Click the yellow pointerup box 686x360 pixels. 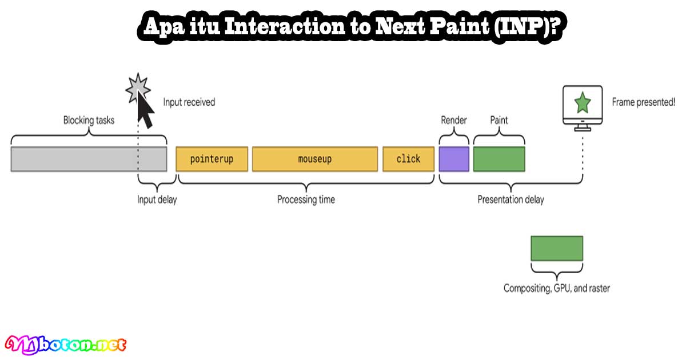[212, 159]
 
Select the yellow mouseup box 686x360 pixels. [314, 159]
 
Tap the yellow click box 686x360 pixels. [408, 159]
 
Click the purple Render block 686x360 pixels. [454, 159]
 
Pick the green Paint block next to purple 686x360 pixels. [499, 159]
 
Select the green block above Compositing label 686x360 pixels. [557, 249]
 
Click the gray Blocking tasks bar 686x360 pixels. [89, 159]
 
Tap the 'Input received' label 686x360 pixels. [189, 102]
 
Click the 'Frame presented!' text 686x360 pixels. [643, 102]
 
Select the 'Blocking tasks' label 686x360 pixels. [89, 120]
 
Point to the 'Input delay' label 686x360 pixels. [157, 199]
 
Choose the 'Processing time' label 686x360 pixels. [306, 199]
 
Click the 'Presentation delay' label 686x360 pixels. [510, 199]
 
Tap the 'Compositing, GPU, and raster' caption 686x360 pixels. [556, 288]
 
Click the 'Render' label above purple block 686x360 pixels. [454, 120]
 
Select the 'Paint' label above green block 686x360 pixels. [499, 120]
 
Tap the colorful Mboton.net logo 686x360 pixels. [66, 344]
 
